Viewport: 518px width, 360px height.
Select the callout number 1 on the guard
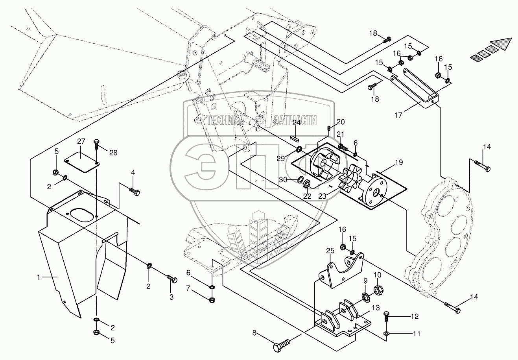point(39,277)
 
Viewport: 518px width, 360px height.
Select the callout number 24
point(296,123)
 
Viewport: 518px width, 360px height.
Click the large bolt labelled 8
point(280,346)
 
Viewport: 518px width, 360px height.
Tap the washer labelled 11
point(387,334)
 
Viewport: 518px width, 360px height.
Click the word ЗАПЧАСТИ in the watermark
point(296,121)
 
